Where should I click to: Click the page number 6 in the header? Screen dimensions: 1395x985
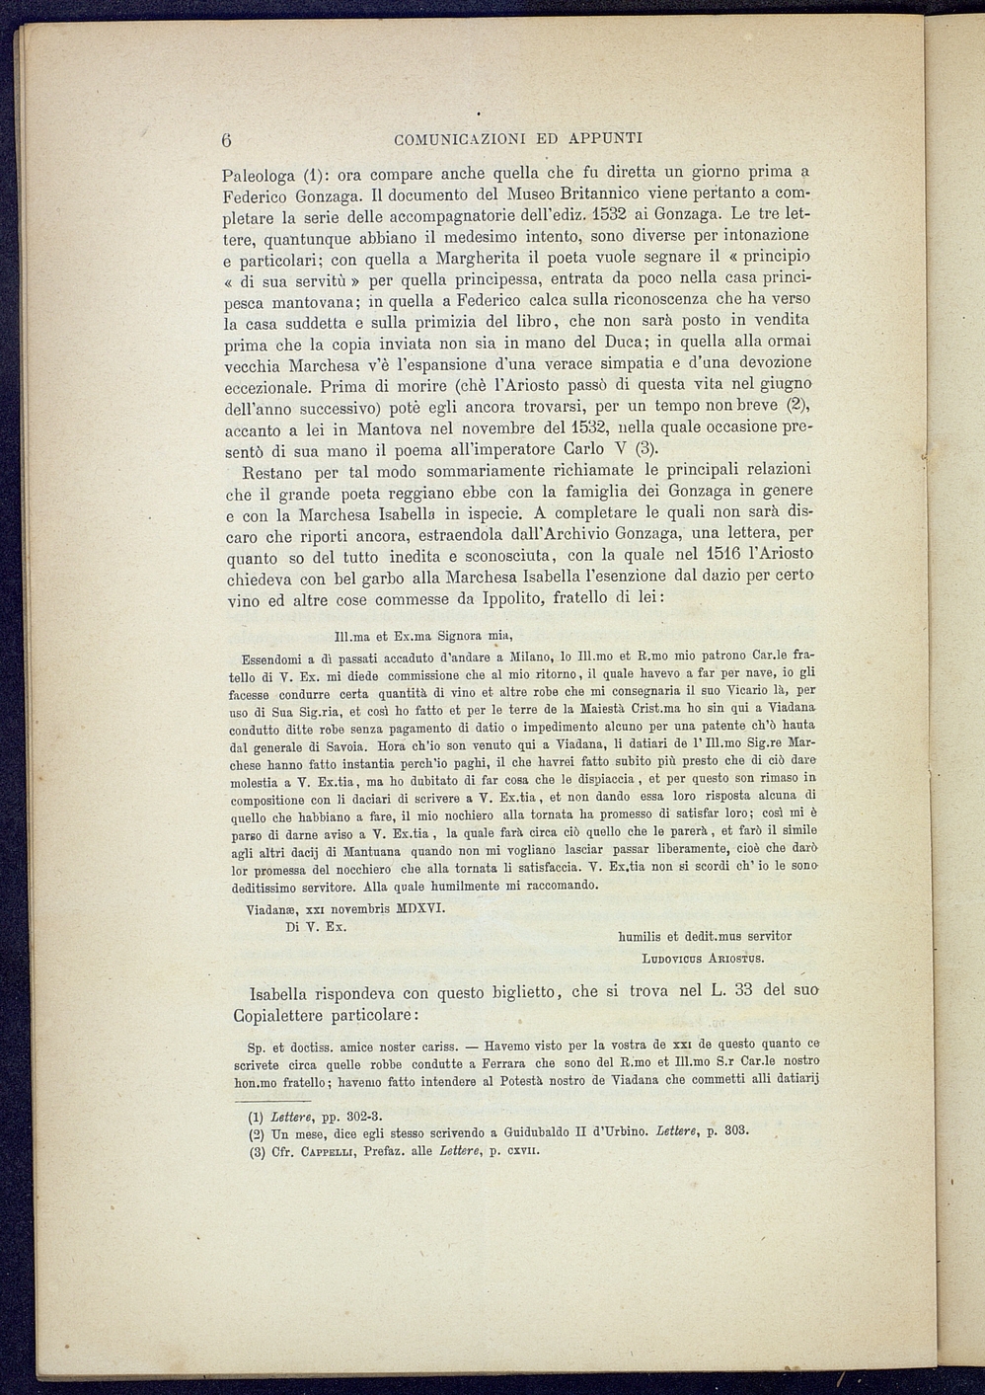click(227, 138)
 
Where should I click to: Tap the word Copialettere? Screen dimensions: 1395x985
click(279, 1016)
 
